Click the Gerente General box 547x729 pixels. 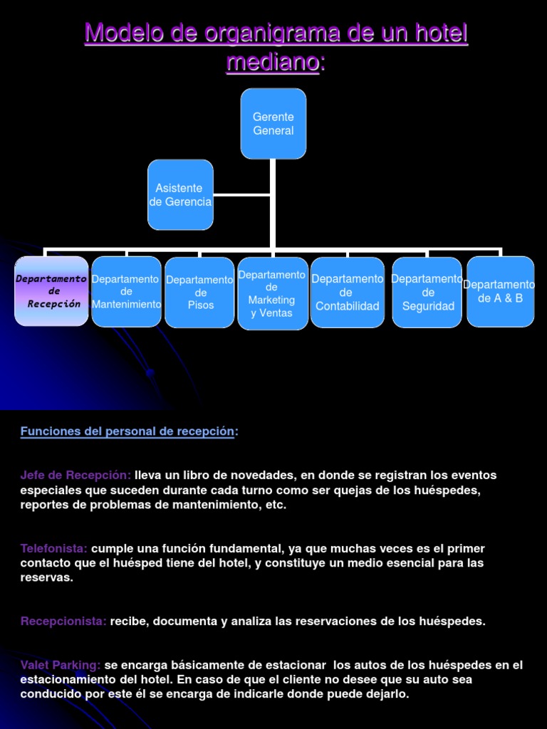[x=273, y=123]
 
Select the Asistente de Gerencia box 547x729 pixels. [x=180, y=194]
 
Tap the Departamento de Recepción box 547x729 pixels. [x=51, y=291]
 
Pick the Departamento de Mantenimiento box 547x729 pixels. [x=127, y=291]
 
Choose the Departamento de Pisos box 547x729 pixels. [x=199, y=292]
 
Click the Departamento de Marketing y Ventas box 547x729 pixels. [x=273, y=294]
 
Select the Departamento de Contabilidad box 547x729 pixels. [x=348, y=292]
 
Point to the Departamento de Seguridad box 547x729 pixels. [x=427, y=292]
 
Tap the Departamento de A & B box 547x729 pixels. [x=501, y=291]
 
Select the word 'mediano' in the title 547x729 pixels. [x=273, y=63]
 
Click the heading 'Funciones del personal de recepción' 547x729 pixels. [x=127, y=431]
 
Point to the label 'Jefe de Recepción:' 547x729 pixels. [x=75, y=475]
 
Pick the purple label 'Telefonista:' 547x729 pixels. [x=54, y=548]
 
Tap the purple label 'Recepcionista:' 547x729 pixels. [x=63, y=621]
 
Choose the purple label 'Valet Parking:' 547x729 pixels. [x=61, y=665]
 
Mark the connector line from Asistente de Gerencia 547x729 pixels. [x=242, y=194]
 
